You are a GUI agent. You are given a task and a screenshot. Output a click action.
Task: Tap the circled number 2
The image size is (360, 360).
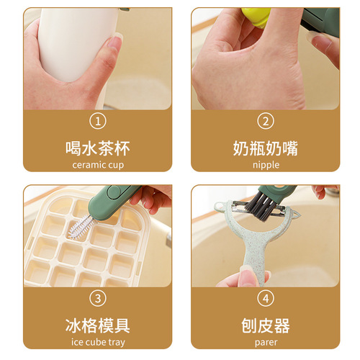click(x=265, y=121)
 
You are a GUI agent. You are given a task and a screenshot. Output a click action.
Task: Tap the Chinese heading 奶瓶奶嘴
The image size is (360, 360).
click(x=265, y=148)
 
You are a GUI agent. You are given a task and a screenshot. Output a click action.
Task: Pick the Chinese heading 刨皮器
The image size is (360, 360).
click(x=265, y=325)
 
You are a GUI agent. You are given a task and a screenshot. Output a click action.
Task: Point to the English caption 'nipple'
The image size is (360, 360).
click(x=265, y=165)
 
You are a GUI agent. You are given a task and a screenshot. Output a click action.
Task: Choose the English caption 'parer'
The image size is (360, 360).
click(x=265, y=343)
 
